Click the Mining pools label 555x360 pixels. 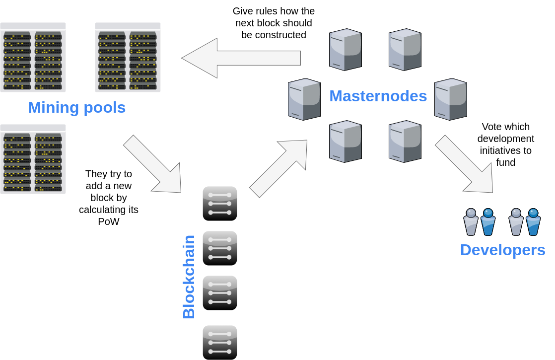[76, 107]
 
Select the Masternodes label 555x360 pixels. [378, 96]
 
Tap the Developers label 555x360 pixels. [502, 250]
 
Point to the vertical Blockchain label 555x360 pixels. [189, 277]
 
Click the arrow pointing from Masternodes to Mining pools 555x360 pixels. [241, 58]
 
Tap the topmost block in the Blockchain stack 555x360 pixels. [220, 204]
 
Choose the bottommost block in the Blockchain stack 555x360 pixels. [220, 342]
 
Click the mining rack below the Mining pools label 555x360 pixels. [33, 159]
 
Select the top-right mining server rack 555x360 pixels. [128, 57]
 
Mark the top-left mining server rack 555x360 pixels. [33, 57]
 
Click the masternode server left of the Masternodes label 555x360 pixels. [304, 99]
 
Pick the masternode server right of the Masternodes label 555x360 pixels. [450, 99]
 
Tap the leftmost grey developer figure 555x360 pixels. [471, 222]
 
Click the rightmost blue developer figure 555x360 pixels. [533, 222]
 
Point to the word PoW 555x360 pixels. [109, 221]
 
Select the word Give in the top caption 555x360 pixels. [243, 11]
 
